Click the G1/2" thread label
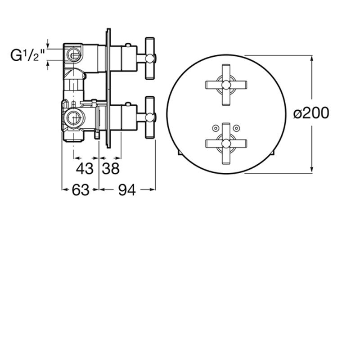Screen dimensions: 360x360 pyautogui.click(x=27, y=55)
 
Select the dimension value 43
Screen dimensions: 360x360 pyautogui.click(x=85, y=169)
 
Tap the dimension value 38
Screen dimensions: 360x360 pyautogui.click(x=111, y=169)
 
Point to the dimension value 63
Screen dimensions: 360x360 pyautogui.click(x=81, y=190)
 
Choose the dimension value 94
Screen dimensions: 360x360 pyautogui.click(x=127, y=190)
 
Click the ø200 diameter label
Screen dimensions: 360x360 pyautogui.click(x=311, y=113)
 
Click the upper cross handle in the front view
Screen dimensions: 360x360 pyautogui.click(x=226, y=85)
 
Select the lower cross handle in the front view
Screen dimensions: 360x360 pyautogui.click(x=226, y=144)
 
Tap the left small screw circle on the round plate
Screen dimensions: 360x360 pyautogui.click(x=216, y=128)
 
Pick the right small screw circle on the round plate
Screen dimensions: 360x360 pyautogui.click(x=236, y=128)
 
